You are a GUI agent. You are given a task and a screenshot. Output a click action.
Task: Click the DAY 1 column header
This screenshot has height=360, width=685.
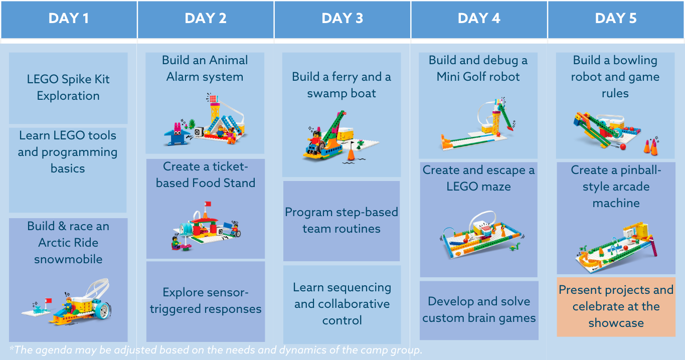pyautogui.click(x=69, y=19)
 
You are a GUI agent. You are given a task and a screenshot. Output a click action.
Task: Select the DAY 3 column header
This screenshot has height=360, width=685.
pyautogui.click(x=342, y=19)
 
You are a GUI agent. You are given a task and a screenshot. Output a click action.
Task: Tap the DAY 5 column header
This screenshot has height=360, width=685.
pyautogui.click(x=616, y=19)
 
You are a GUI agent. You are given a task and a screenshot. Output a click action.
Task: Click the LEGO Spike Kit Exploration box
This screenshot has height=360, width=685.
pyautogui.click(x=68, y=88)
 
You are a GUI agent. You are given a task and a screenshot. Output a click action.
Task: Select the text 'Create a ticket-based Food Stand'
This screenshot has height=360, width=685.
pyautogui.click(x=205, y=174)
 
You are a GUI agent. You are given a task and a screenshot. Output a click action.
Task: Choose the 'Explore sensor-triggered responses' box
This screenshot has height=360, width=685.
pyautogui.click(x=206, y=300)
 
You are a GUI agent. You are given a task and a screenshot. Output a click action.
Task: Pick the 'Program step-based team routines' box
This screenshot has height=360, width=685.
pyautogui.click(x=341, y=221)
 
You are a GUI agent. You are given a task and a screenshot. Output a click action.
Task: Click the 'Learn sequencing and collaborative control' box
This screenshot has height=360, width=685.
pyautogui.click(x=342, y=304)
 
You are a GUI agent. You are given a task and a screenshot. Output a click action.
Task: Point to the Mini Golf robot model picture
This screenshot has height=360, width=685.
pyautogui.click(x=478, y=123)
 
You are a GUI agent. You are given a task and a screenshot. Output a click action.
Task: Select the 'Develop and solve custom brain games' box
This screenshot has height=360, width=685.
pyautogui.click(x=479, y=310)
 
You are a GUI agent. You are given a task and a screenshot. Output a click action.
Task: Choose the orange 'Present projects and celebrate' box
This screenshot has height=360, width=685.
pyautogui.click(x=616, y=306)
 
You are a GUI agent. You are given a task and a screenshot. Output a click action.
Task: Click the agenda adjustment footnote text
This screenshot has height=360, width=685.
pyautogui.click(x=216, y=350)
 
